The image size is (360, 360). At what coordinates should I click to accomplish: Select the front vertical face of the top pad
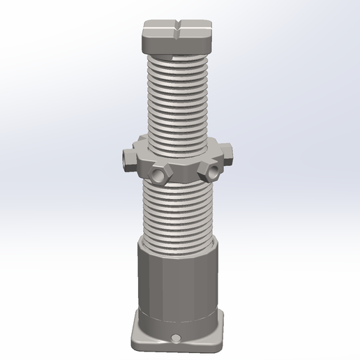[x=179, y=43]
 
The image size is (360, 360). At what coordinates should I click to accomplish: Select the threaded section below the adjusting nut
[x=179, y=209]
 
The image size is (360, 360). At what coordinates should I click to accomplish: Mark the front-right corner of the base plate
[x=223, y=343]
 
